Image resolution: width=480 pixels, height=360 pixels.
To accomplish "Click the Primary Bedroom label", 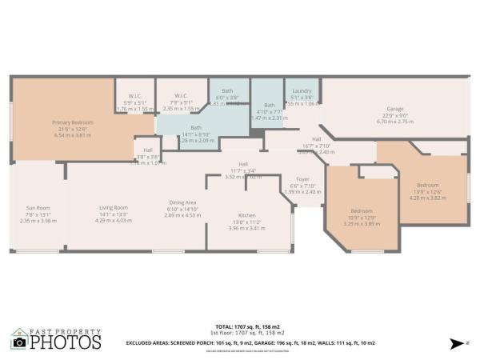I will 69,122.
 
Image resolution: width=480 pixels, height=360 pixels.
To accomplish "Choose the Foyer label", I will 302,178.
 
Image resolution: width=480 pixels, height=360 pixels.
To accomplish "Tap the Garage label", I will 394,108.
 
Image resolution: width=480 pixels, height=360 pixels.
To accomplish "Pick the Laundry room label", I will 302,91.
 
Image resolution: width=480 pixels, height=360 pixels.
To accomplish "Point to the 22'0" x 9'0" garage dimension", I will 394,115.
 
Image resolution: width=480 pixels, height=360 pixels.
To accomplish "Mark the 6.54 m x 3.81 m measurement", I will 69,136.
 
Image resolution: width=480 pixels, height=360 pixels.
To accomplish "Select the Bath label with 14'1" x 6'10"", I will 196,134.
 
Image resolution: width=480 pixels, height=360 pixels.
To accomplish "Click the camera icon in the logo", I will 19,342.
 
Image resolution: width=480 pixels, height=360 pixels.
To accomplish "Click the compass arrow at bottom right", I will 457,342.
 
